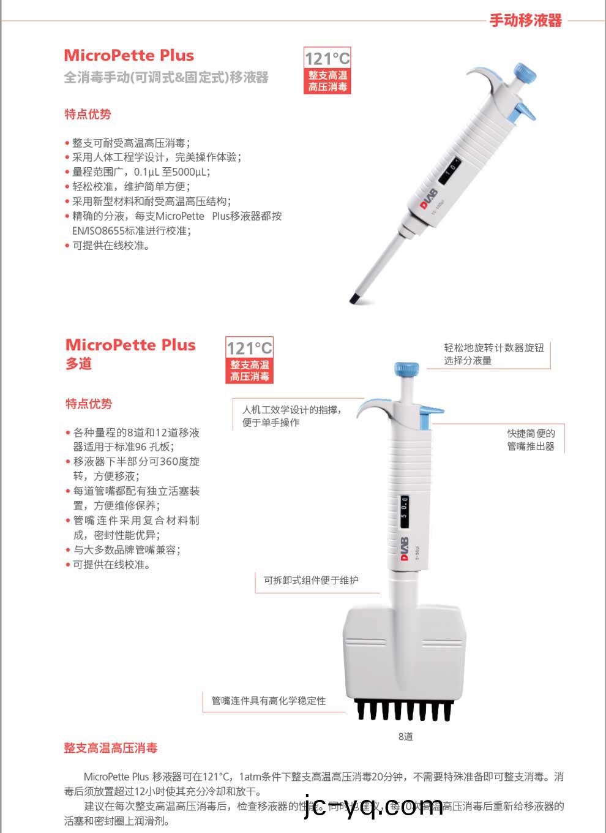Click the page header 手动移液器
(x=525, y=20)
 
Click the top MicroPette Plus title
(x=129, y=56)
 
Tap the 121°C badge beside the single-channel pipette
(x=327, y=70)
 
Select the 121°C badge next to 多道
(x=249, y=360)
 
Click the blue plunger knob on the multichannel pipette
(x=407, y=369)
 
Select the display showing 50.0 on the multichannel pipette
(x=404, y=508)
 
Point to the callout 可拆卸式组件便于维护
(x=311, y=580)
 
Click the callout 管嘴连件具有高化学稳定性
(x=269, y=701)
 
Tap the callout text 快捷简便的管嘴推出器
(x=530, y=440)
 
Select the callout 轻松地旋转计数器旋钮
(x=493, y=347)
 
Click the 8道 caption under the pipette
(x=405, y=736)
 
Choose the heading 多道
(x=78, y=364)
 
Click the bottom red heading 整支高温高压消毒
(x=111, y=748)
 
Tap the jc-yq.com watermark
(x=373, y=805)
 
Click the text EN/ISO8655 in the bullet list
(x=98, y=231)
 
